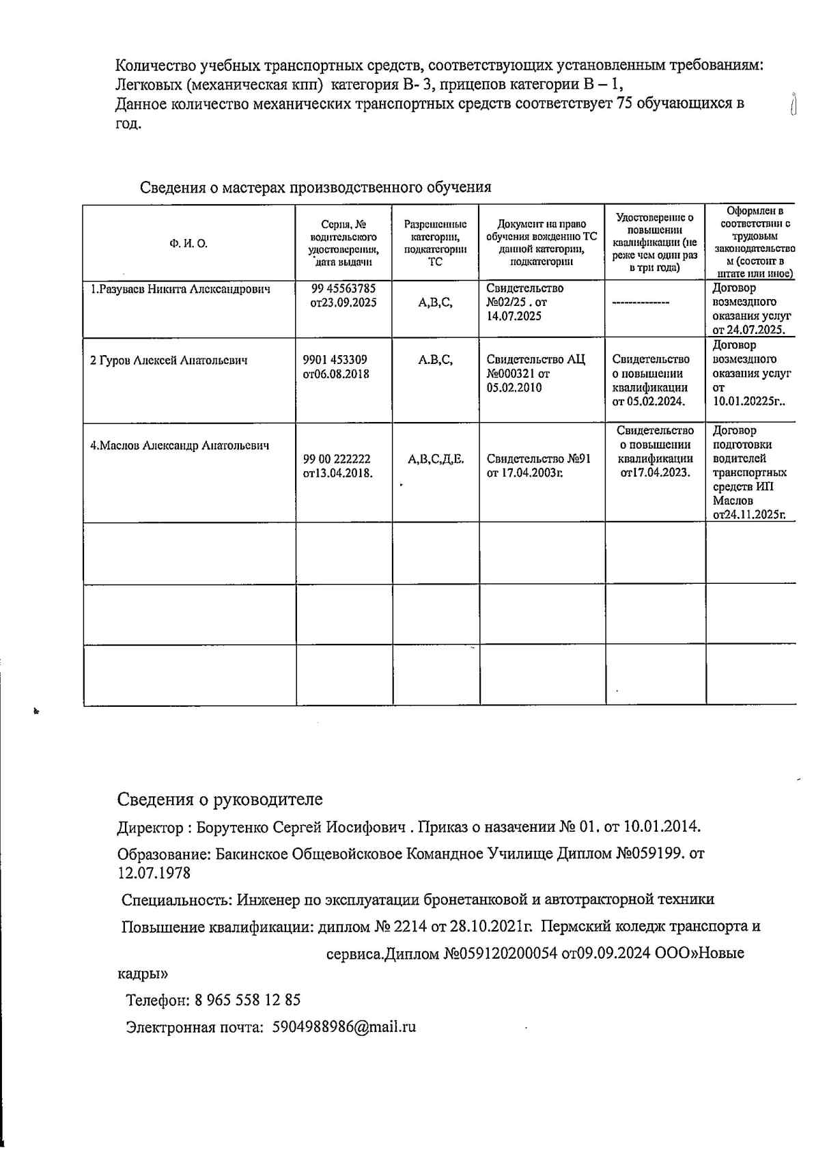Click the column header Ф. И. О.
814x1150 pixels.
coord(188,244)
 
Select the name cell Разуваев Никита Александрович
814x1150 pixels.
coord(180,290)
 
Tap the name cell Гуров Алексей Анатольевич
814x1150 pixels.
coord(169,361)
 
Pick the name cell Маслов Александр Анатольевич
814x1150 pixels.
coord(180,446)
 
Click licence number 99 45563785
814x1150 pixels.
coord(343,289)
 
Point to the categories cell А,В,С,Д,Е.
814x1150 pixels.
coord(436,460)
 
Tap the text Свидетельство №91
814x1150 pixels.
coord(538,459)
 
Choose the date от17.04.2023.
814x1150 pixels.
coord(655,473)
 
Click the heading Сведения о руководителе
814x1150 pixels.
coord(219,799)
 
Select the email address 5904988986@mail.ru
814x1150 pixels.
coord(343,1027)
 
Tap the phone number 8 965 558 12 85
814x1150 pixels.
coord(247,1000)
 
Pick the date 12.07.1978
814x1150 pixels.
coord(154,873)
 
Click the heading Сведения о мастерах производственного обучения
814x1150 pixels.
coord(315,187)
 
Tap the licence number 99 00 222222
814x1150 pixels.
coord(337,460)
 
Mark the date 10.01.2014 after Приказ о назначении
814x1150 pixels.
coord(661,828)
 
